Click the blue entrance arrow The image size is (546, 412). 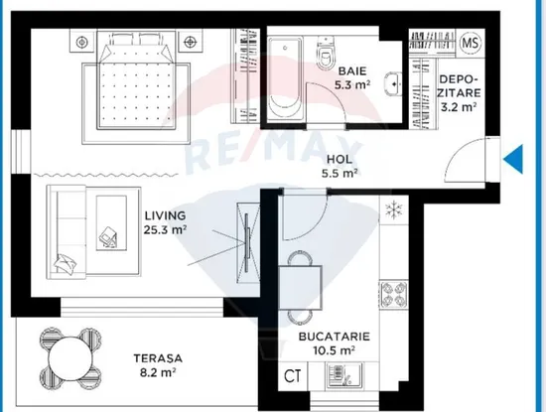513,159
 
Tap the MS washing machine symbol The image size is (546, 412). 471,43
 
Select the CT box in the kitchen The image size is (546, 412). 293,376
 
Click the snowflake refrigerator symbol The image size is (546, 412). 394,210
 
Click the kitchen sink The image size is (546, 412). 344,375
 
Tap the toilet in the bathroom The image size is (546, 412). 326,54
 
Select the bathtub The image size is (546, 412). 285,79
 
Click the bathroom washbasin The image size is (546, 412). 393,84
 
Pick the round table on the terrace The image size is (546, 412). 70,358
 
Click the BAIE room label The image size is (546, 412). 352,71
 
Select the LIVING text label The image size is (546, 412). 165,215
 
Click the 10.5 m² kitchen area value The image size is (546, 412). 334,350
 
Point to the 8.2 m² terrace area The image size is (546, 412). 158,372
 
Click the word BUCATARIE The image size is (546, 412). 335,337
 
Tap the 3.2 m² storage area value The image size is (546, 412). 459,106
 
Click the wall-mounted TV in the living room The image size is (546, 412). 247,243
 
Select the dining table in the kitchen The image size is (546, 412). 300,288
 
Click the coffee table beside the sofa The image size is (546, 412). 111,223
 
